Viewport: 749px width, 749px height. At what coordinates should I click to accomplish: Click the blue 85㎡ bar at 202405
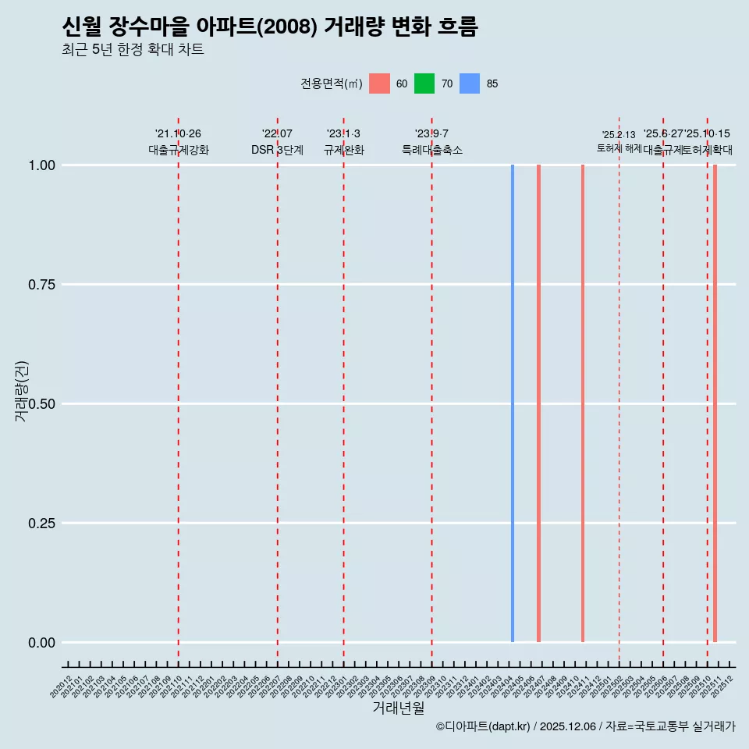tap(513, 403)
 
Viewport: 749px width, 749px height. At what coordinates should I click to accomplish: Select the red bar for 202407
tap(538, 403)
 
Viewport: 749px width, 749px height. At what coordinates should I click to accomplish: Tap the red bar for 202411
tap(583, 403)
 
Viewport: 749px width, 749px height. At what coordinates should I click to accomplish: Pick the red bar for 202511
tap(715, 403)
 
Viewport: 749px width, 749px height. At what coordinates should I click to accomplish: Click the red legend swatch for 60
tap(379, 83)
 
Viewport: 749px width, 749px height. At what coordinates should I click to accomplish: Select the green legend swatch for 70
tap(424, 83)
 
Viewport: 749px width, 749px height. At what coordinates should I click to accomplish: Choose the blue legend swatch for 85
tap(470, 83)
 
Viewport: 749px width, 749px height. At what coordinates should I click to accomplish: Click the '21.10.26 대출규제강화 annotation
tap(178, 142)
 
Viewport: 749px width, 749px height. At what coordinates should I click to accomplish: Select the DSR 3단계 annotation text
tap(277, 150)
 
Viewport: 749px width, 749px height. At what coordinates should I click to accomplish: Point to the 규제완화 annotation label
tap(343, 150)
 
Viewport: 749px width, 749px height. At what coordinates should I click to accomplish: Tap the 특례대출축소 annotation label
tap(431, 150)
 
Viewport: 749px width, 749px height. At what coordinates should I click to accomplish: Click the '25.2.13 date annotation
tap(619, 135)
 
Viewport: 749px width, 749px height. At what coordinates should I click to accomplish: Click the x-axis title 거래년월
tap(399, 708)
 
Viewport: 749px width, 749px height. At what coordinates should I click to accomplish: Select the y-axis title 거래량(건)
tap(22, 391)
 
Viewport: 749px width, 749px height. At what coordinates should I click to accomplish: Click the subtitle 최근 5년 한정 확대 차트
tap(133, 50)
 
